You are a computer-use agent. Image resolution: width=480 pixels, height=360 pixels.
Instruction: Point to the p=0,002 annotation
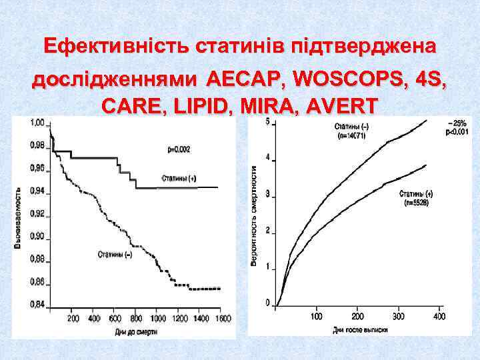(x=178, y=150)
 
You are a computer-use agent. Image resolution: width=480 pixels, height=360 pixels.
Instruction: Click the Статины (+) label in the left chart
(x=179, y=178)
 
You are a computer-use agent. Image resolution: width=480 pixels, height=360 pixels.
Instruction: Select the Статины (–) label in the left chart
(x=114, y=254)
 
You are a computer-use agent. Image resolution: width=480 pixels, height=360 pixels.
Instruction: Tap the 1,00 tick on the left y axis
(x=37, y=123)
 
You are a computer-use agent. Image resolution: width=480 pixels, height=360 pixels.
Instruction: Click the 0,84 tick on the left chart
(x=37, y=305)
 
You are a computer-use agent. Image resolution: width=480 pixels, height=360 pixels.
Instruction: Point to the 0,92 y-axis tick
(x=37, y=214)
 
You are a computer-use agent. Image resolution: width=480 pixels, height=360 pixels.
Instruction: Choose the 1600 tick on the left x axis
(x=222, y=319)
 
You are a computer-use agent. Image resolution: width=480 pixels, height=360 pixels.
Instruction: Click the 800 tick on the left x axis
(x=137, y=319)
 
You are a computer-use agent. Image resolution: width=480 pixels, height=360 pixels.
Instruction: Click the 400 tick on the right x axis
(x=439, y=315)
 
